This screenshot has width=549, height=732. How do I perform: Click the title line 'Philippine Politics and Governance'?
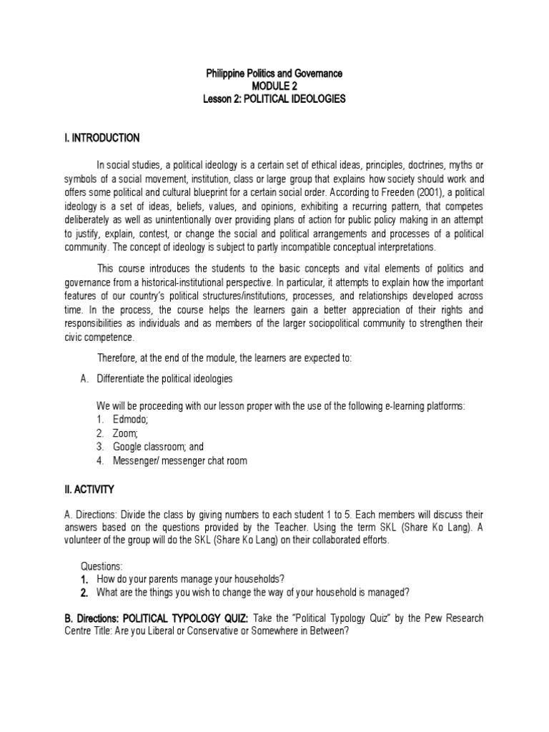274,73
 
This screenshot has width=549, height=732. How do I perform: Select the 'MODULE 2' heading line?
274,86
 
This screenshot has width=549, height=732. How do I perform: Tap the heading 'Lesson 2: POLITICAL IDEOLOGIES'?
274,99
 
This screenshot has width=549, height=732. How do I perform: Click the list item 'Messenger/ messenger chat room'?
179,460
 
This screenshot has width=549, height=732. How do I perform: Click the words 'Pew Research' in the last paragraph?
454,618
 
